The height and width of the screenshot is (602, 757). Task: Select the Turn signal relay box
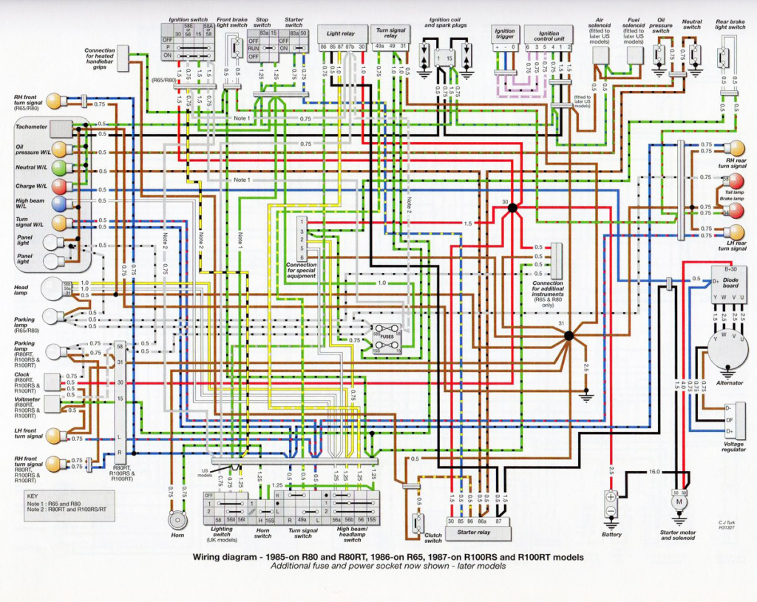pos(391,33)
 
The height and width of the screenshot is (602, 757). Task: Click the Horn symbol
pos(177,521)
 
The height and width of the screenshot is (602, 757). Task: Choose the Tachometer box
pos(61,127)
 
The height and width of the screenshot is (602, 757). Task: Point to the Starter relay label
pos(474,532)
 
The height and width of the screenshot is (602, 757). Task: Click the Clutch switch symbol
pos(418,522)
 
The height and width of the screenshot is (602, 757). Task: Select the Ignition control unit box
pos(549,34)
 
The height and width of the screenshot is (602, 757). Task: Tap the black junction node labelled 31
pos(568,336)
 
